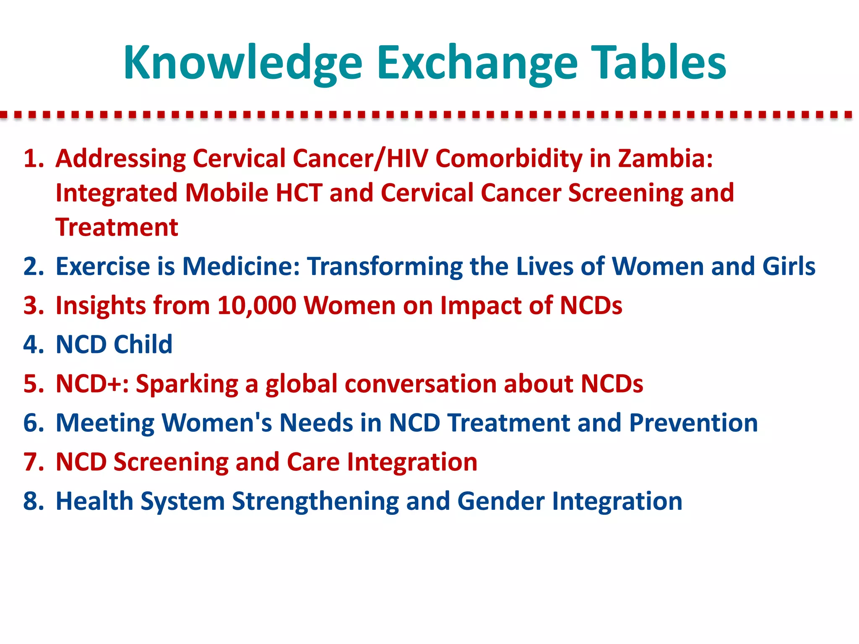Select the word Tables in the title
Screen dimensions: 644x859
click(659, 63)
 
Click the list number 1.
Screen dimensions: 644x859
click(34, 159)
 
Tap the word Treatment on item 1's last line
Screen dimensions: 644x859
click(117, 228)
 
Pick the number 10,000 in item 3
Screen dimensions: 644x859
click(257, 306)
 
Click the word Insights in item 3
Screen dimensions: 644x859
click(101, 306)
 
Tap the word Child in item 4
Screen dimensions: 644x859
click(143, 345)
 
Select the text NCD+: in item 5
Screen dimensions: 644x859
click(92, 384)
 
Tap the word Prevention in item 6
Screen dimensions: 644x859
click(693, 423)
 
